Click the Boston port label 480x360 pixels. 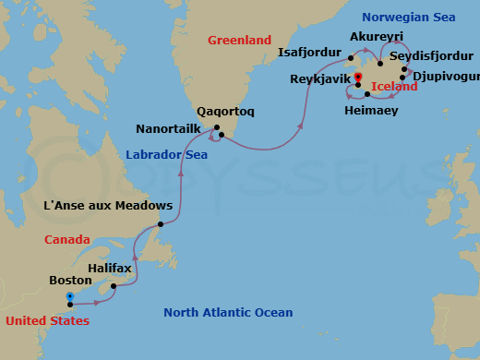(x=69, y=278)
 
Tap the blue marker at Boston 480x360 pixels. (x=70, y=297)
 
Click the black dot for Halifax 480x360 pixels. (x=114, y=286)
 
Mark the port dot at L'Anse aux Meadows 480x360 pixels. (x=160, y=224)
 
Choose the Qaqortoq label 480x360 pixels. (x=226, y=111)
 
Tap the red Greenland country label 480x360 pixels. (x=239, y=41)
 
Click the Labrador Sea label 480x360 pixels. (x=166, y=155)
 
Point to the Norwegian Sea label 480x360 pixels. (x=409, y=17)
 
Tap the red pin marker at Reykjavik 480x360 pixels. (x=358, y=77)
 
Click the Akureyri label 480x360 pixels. (x=377, y=37)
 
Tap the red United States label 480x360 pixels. (x=47, y=320)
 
